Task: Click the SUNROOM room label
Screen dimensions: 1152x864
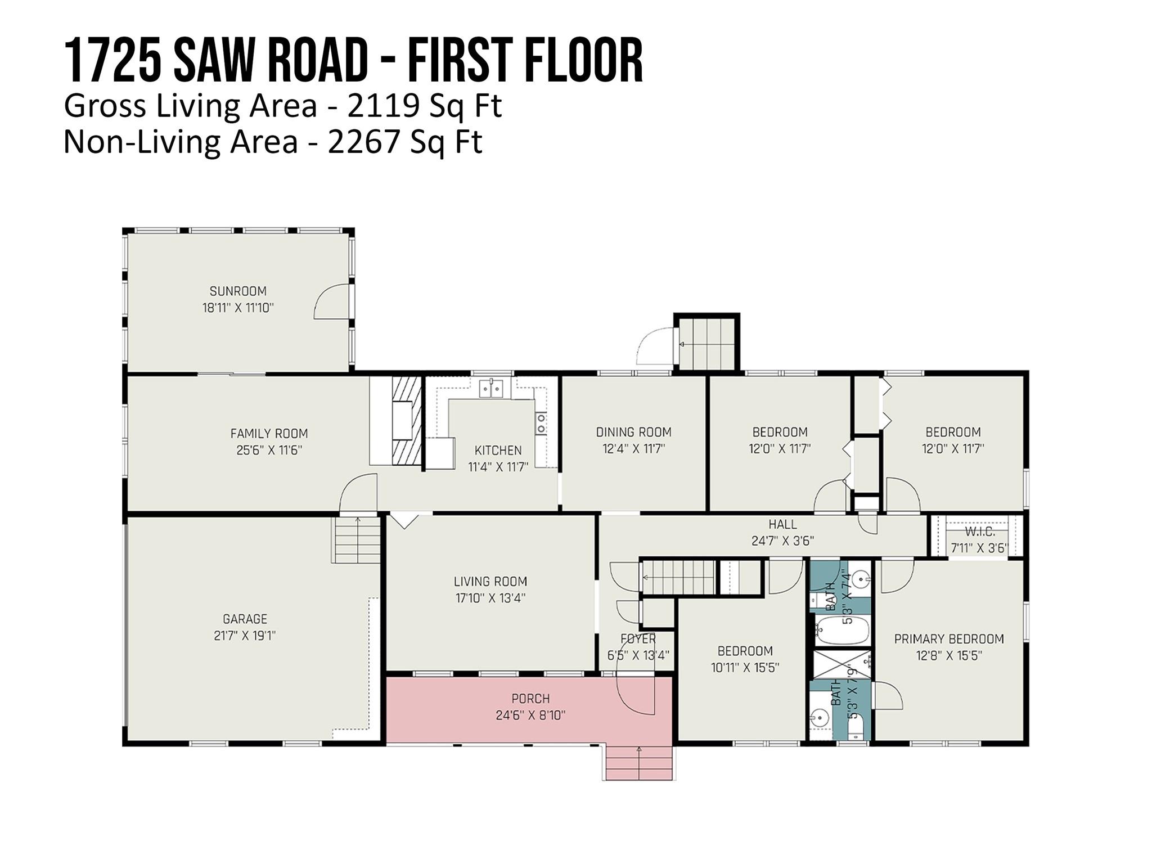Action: [238, 291]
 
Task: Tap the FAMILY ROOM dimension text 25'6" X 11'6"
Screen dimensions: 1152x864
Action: [269, 450]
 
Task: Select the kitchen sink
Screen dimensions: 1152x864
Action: [491, 389]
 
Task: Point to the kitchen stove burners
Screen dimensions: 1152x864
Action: [541, 424]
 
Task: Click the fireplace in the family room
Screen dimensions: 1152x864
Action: [406, 420]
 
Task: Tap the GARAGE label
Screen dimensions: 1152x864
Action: [245, 619]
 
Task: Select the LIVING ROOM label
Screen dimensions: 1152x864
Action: [490, 581]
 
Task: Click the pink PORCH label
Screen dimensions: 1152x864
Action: [530, 699]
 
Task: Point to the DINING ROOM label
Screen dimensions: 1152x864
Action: [634, 432]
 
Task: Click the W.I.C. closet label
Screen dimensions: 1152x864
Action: [980, 532]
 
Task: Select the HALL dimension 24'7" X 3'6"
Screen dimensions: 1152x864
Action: [782, 541]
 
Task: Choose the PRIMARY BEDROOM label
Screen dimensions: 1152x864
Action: [949, 639]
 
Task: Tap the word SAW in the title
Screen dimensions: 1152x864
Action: [213, 60]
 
